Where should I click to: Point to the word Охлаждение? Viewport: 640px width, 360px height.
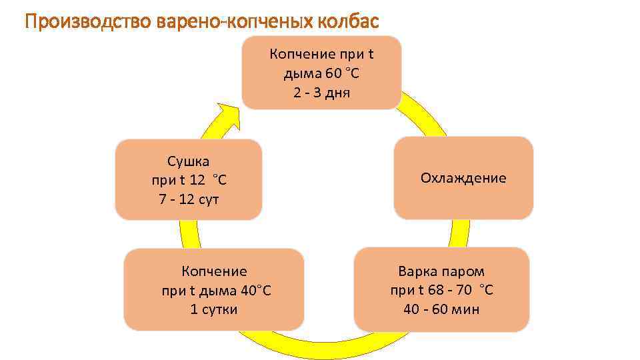click(463, 178)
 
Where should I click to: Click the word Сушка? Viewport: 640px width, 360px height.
click(189, 161)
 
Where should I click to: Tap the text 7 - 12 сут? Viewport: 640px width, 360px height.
click(189, 199)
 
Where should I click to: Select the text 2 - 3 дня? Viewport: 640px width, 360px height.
click(321, 92)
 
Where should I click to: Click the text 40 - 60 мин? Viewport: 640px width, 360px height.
click(441, 309)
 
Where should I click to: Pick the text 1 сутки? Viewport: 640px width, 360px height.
click(214, 309)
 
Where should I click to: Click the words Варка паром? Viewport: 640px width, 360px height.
click(441, 271)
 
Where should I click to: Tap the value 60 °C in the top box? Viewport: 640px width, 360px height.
click(339, 73)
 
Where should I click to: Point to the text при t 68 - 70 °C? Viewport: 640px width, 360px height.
click(441, 290)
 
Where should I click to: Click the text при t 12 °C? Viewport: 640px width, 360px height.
click(189, 180)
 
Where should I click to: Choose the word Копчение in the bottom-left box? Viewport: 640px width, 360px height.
click(214, 271)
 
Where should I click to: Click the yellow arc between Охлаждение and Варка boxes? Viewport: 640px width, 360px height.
click(459, 233)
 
